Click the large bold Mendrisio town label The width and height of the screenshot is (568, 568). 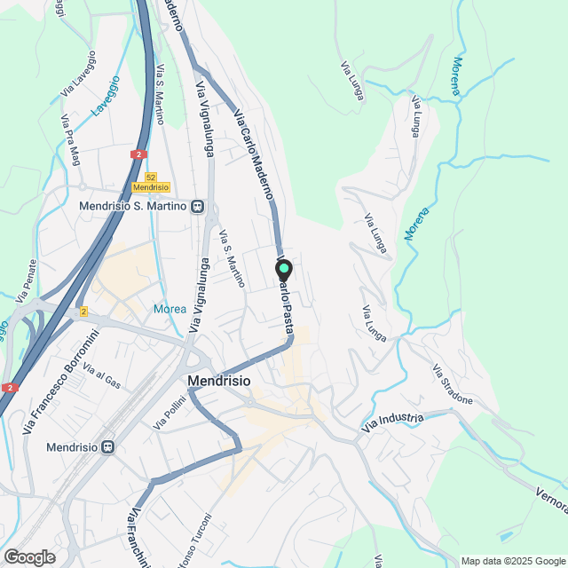(x=219, y=380)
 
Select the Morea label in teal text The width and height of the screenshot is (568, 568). (x=170, y=309)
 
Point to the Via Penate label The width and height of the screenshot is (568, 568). (x=27, y=279)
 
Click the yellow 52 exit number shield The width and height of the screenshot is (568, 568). (x=150, y=177)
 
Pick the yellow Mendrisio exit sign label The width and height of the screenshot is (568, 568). (x=150, y=187)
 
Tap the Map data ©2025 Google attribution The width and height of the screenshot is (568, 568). (x=513, y=561)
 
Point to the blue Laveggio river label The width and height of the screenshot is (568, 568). (x=105, y=98)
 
